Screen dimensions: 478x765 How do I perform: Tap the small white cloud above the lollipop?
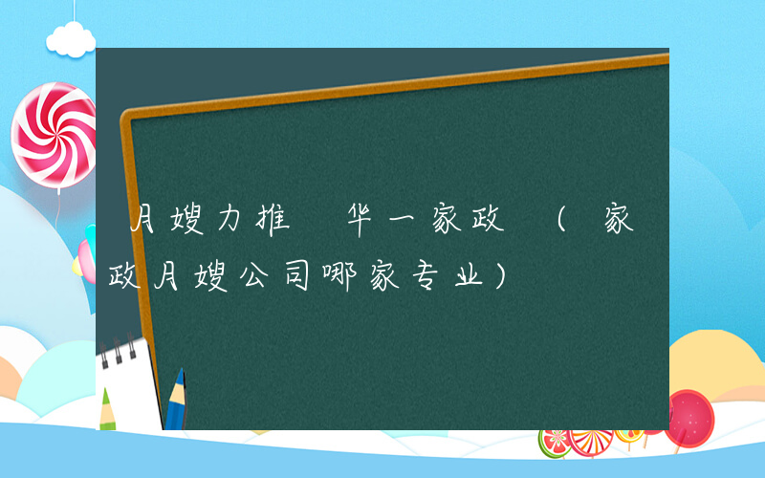coord(72,38)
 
